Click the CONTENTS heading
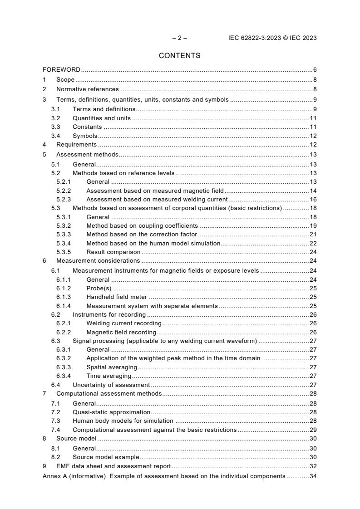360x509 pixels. pos(179,56)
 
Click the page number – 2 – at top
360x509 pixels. pos(179,38)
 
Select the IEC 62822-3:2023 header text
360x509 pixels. pos(272,38)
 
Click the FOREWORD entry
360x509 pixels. pos(61,70)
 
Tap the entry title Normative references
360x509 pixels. pos(87,89)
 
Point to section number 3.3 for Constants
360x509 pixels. pos(55,127)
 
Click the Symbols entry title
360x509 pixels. pos(85,136)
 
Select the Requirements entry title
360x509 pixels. pos(76,145)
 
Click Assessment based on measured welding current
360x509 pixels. pos(157,199)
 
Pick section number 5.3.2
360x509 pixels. pos(64,226)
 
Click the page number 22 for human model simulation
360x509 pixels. pos(313,244)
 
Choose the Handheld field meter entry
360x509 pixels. pos(117,297)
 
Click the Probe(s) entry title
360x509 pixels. pos(99,289)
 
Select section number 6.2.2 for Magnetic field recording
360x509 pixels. pos(64,333)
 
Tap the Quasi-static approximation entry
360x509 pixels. pos(111,412)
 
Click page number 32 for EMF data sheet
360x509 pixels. pos(313,466)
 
